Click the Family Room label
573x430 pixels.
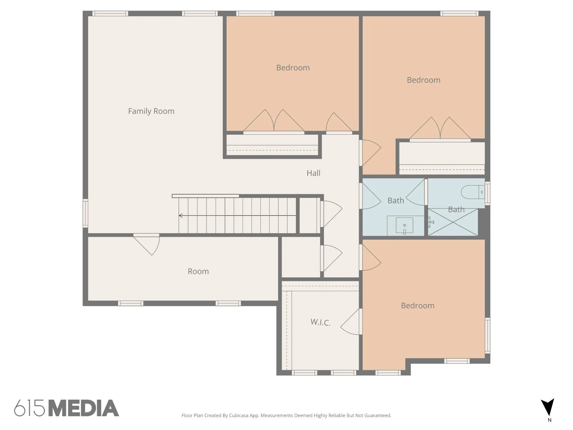[x=151, y=111]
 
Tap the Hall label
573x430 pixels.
[x=313, y=173]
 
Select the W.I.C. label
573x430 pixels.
[x=320, y=322]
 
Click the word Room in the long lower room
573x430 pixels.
[x=198, y=271]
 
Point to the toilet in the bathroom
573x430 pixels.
[x=473, y=192]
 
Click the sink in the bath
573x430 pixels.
[x=404, y=225]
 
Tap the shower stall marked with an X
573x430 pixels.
[x=453, y=222]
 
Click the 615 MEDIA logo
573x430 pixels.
[x=67, y=408]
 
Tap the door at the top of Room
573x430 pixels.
[x=146, y=244]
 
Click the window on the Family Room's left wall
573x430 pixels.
[x=85, y=213]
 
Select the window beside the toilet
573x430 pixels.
[x=487, y=193]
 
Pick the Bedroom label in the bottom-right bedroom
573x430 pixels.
[x=418, y=305]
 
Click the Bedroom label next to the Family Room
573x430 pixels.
[x=293, y=68]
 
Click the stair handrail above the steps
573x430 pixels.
[x=205, y=196]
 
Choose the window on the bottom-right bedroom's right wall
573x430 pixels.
[x=487, y=335]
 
